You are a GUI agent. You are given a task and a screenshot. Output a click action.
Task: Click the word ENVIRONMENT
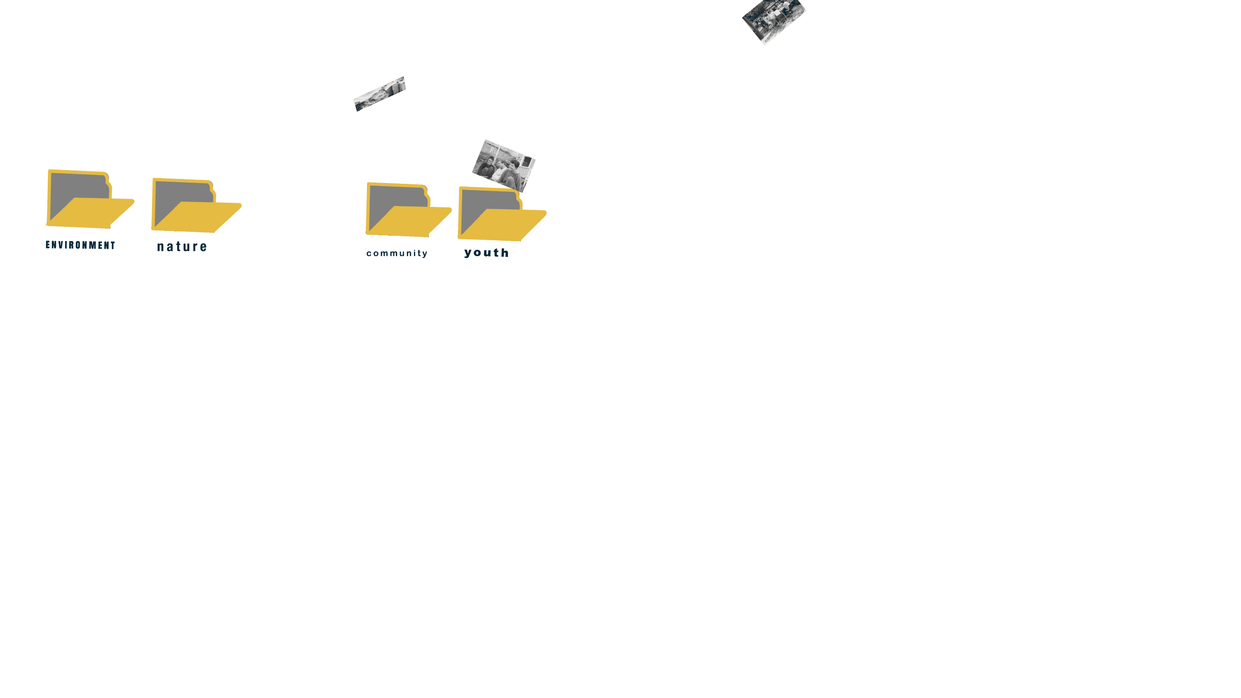81,245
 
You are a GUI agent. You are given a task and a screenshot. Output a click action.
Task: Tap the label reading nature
182,247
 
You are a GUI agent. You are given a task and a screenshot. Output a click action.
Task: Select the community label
397,253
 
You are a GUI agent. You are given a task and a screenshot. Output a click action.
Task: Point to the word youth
487,253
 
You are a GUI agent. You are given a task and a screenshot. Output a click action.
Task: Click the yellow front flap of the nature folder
198,217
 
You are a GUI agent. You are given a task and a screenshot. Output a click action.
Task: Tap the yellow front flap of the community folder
410,221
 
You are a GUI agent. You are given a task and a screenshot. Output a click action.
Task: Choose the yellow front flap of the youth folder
503,225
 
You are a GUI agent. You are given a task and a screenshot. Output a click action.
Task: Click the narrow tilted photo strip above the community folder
380,94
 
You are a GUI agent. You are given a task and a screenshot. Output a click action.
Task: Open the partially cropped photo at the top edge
773,20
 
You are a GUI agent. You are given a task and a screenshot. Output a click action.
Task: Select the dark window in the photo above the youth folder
527,161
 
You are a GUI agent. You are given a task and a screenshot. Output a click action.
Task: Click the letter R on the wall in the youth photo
492,151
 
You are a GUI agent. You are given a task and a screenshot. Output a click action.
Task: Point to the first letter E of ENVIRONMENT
48,245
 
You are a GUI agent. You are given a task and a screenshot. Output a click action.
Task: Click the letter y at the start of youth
468,253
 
